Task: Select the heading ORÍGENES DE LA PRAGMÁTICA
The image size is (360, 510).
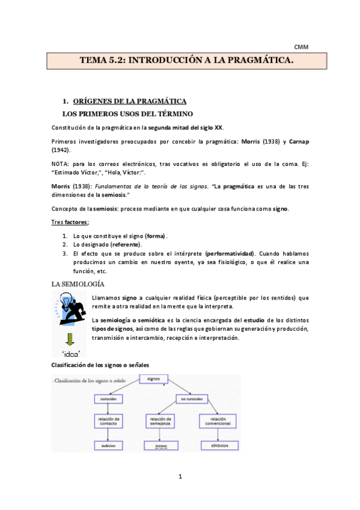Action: [129, 101]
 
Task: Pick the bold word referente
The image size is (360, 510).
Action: [124, 244]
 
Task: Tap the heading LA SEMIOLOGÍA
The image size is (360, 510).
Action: [78, 283]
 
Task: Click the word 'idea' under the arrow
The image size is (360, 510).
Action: [72, 353]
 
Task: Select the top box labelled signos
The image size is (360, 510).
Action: [157, 379]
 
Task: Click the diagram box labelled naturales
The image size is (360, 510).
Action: [109, 399]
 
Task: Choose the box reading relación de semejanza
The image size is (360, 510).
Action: [162, 421]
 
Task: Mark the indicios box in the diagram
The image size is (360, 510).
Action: [109, 446]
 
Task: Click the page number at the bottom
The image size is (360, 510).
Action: [180, 477]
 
